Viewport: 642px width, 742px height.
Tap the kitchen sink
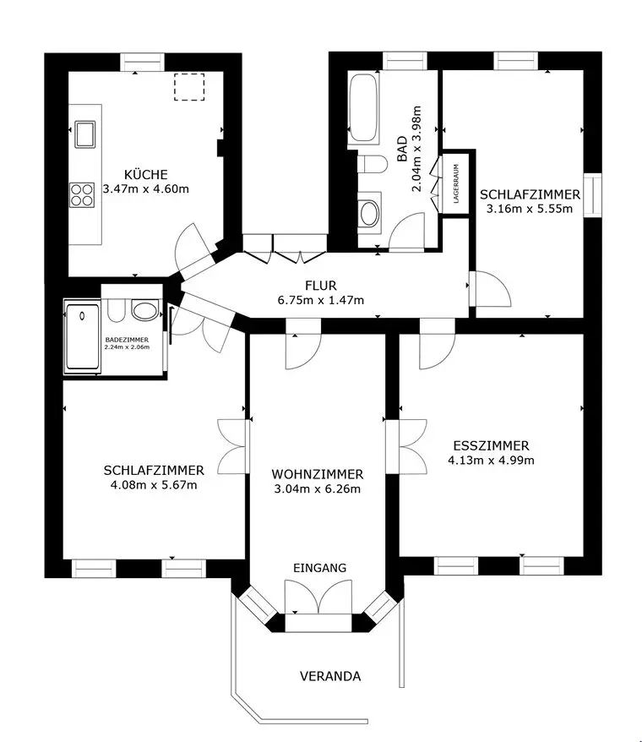(85, 134)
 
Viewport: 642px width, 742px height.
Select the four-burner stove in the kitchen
(83, 195)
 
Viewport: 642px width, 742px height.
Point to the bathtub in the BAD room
(364, 108)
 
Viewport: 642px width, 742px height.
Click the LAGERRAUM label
(456, 183)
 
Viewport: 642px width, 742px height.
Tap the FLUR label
(321, 285)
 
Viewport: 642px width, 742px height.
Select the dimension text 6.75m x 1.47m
(321, 300)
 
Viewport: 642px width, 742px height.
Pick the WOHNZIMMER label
(318, 474)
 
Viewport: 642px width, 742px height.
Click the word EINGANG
(319, 568)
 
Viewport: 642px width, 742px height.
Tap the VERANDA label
(330, 676)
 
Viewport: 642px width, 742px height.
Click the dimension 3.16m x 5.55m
(530, 209)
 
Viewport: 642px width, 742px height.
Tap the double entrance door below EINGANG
(318, 602)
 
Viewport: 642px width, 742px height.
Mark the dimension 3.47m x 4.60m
(144, 188)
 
